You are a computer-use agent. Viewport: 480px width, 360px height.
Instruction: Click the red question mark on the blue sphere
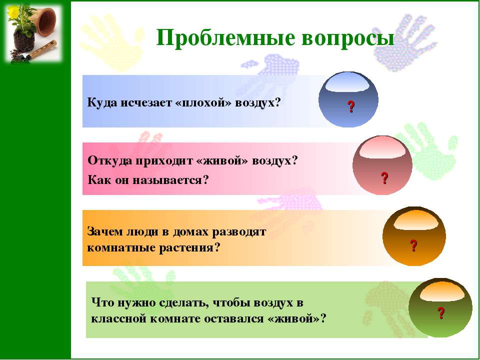coord(351,106)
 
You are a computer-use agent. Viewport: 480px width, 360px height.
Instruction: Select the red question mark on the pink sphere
coord(384,178)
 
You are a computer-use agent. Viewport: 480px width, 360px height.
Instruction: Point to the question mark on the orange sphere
coord(413,245)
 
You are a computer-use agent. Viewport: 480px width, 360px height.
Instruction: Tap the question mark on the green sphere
coord(441,313)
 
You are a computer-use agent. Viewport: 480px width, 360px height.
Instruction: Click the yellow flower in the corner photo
coord(13,11)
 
